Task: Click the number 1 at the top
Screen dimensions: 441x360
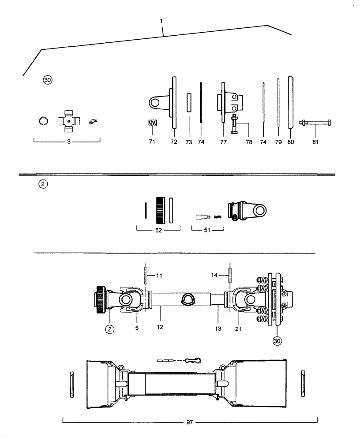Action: [162, 21]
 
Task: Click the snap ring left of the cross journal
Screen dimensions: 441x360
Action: [43, 121]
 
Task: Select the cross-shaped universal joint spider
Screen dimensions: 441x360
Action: [68, 120]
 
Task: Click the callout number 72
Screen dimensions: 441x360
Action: [173, 142]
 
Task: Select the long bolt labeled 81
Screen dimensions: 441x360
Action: [315, 122]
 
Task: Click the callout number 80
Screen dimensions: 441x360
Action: [291, 142]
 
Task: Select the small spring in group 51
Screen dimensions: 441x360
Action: [217, 217]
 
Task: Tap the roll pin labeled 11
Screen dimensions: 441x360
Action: [145, 275]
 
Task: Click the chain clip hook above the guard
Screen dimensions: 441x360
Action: [193, 360]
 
